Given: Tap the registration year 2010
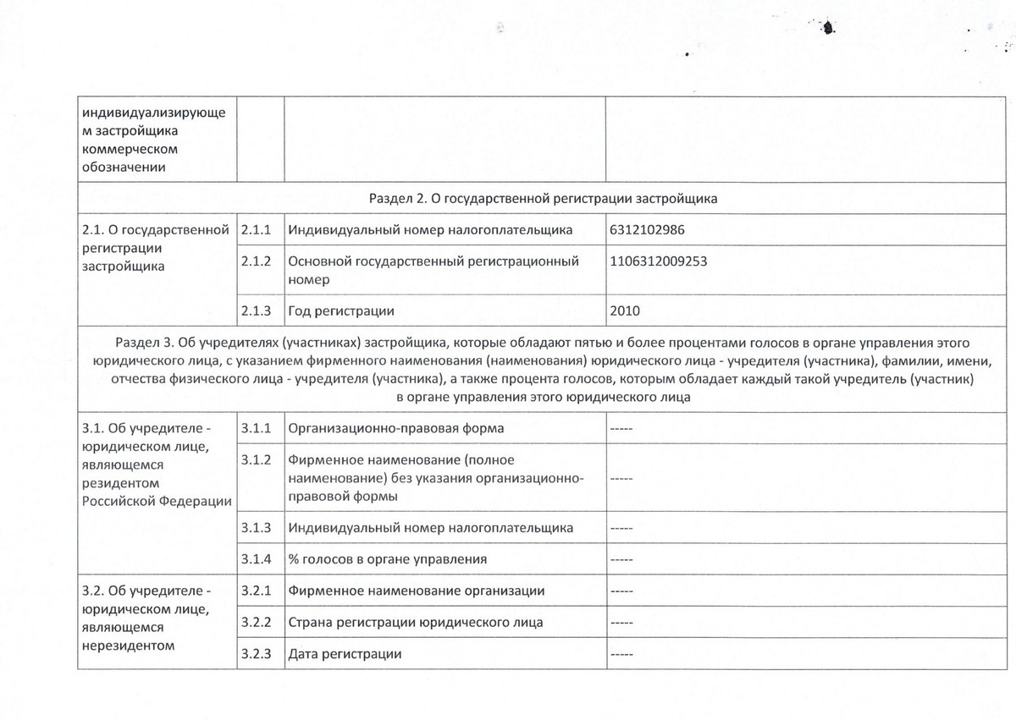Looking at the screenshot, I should (625, 311).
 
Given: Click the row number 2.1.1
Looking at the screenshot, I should (256, 229).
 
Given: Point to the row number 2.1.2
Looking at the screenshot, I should (256, 261).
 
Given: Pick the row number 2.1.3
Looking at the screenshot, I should (256, 311).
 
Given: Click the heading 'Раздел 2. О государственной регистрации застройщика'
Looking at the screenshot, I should (544, 199).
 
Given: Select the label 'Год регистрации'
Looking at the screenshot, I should (341, 311).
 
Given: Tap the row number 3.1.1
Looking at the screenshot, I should (256, 427).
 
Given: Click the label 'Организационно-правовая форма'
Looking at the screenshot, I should (396, 427).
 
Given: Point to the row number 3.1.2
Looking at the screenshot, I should (256, 461).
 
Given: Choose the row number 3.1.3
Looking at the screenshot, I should (256, 527).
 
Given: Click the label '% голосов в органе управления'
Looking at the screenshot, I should (387, 559).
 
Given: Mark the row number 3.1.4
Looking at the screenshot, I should (256, 559).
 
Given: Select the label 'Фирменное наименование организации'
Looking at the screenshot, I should (416, 590).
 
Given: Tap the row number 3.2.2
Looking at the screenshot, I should (256, 622).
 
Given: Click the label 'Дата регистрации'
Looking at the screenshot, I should (345, 654).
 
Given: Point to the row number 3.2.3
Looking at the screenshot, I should (256, 654).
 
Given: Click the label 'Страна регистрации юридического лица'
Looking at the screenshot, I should (416, 622).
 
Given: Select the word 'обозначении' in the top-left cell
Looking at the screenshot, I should (122, 167).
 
